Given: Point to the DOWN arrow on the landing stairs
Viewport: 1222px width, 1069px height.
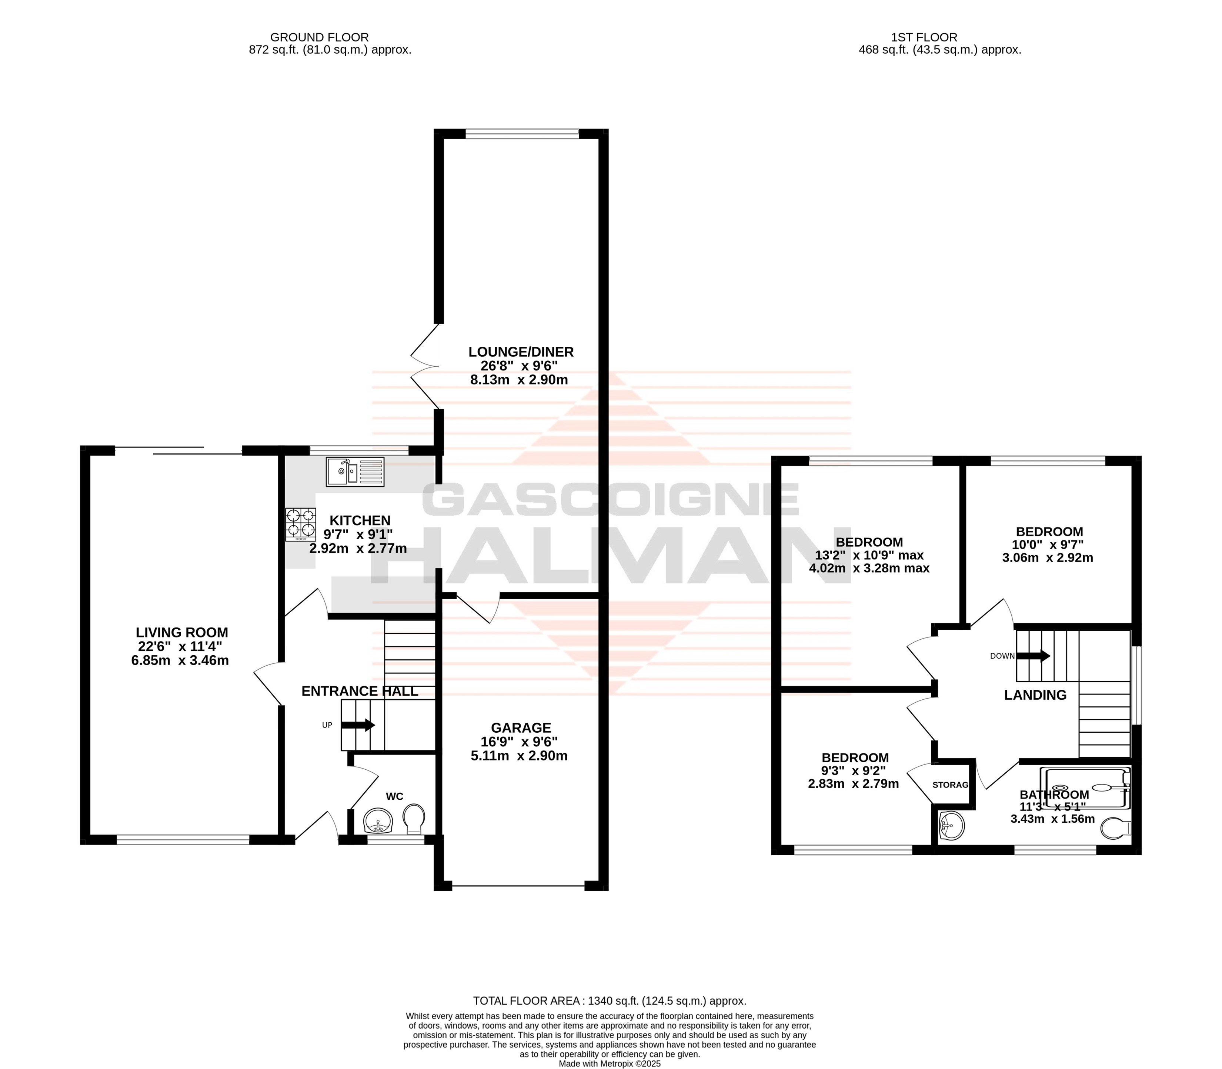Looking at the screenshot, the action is [x=1033, y=656].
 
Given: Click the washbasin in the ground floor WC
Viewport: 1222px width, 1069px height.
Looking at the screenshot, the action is [x=377, y=820].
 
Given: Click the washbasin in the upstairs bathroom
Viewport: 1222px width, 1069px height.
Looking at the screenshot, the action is [x=951, y=826].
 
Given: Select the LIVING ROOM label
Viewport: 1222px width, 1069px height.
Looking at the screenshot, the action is [x=182, y=632].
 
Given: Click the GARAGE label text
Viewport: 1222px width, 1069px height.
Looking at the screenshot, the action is [x=521, y=728].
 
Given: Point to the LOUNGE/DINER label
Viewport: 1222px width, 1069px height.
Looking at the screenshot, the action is [x=521, y=352].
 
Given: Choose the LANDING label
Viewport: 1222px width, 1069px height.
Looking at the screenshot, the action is [x=1035, y=695].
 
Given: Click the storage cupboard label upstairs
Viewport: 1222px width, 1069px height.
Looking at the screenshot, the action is [x=950, y=785].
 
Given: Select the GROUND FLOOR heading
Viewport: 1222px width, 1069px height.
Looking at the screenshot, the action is [x=320, y=37].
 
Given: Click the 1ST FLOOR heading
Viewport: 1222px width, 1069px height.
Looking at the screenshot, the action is [x=924, y=37].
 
